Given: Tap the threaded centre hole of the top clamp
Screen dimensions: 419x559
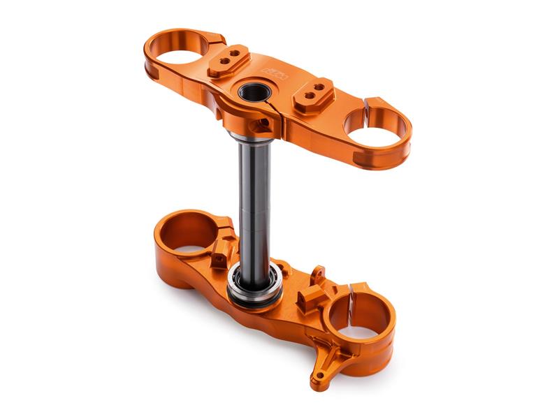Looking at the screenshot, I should click(x=250, y=91).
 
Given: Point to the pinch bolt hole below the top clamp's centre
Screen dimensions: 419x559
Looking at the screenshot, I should click(x=281, y=126).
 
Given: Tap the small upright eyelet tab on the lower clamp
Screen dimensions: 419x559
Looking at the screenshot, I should click(x=318, y=274).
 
